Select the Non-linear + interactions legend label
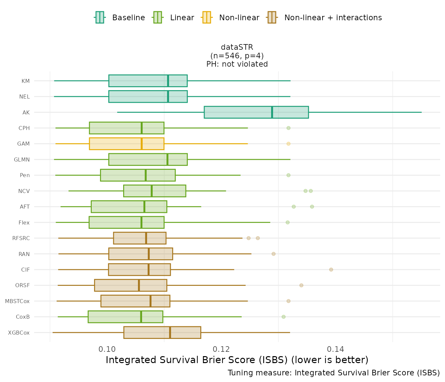(x=333, y=18)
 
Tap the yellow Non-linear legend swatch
(x=206, y=17)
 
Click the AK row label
(x=26, y=112)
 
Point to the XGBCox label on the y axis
(x=19, y=333)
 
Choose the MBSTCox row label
(x=17, y=301)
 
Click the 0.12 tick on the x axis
(x=221, y=349)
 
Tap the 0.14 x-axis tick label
(x=335, y=349)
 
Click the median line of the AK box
(x=272, y=112)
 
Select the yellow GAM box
(x=126, y=144)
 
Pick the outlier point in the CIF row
(x=331, y=270)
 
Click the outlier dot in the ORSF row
(x=301, y=285)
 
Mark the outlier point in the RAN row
(x=273, y=254)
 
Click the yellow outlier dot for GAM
(x=288, y=144)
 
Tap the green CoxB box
(x=125, y=317)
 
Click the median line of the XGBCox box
(x=170, y=333)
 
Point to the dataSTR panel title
(x=237, y=47)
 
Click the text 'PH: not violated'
(x=237, y=64)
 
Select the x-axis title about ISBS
(x=237, y=360)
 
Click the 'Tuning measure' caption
(x=334, y=373)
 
